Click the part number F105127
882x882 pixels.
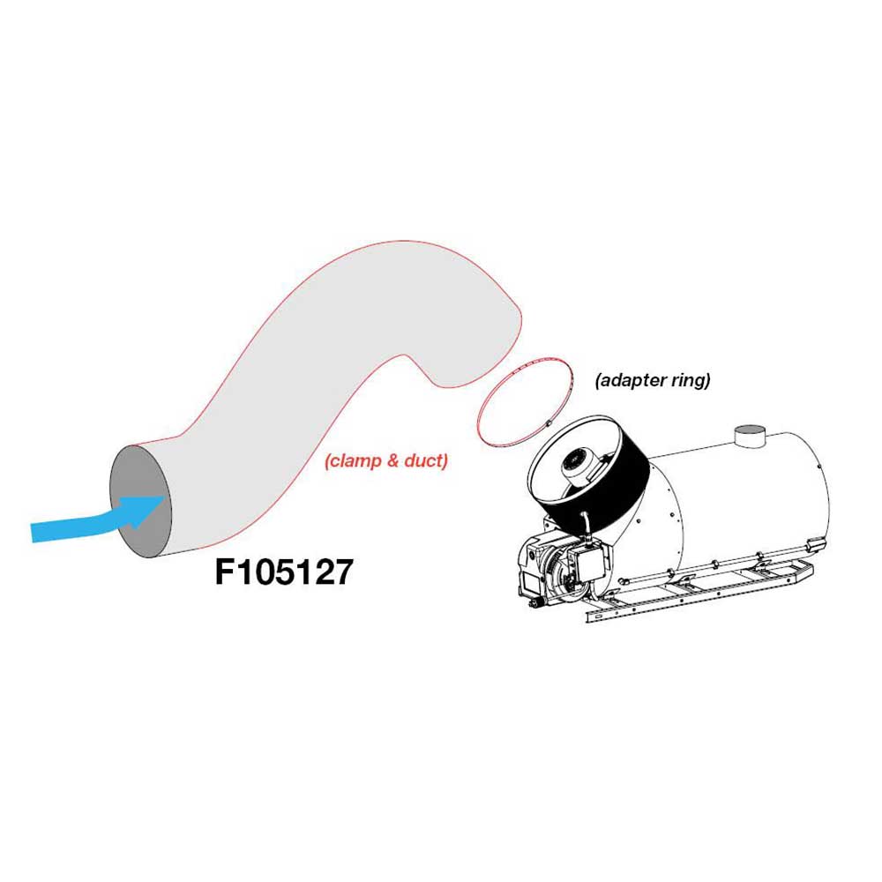pos(284,572)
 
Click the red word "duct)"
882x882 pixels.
pos(426,461)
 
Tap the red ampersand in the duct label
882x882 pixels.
pos(392,461)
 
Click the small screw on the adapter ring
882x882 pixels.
pos(548,422)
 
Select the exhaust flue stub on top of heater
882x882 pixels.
pos(751,436)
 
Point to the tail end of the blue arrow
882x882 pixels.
pos(33,532)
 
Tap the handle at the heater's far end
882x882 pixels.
pos(816,544)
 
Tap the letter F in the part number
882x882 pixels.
pos(225,572)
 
